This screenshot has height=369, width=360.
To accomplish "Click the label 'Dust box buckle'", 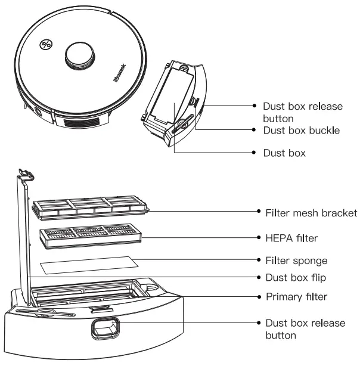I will pos(302,129).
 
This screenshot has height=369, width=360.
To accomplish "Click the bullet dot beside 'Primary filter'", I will pos(259,296).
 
